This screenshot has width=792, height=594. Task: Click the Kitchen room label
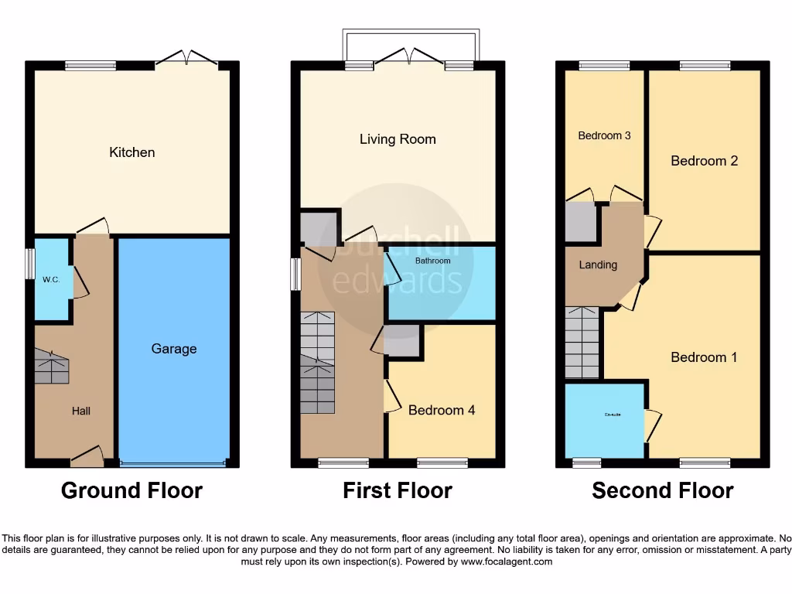(132, 152)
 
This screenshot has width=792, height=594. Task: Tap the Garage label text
(174, 349)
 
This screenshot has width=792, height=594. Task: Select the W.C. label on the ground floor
(52, 279)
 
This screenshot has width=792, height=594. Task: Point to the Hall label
(81, 411)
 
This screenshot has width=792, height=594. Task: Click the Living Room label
(398, 139)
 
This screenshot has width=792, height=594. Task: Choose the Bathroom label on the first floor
(432, 261)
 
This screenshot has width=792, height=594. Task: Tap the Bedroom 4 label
(442, 410)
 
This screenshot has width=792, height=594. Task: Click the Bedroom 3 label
(604, 135)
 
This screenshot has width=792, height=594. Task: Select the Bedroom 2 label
(704, 161)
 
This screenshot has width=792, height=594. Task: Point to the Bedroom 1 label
(704, 357)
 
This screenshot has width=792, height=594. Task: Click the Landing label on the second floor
(598, 265)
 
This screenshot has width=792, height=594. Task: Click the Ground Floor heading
(131, 490)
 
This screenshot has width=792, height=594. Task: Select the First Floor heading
(398, 490)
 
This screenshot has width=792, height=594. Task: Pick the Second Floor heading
(663, 490)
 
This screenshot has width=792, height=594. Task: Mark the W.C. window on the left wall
(29, 264)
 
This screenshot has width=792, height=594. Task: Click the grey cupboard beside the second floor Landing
(580, 222)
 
